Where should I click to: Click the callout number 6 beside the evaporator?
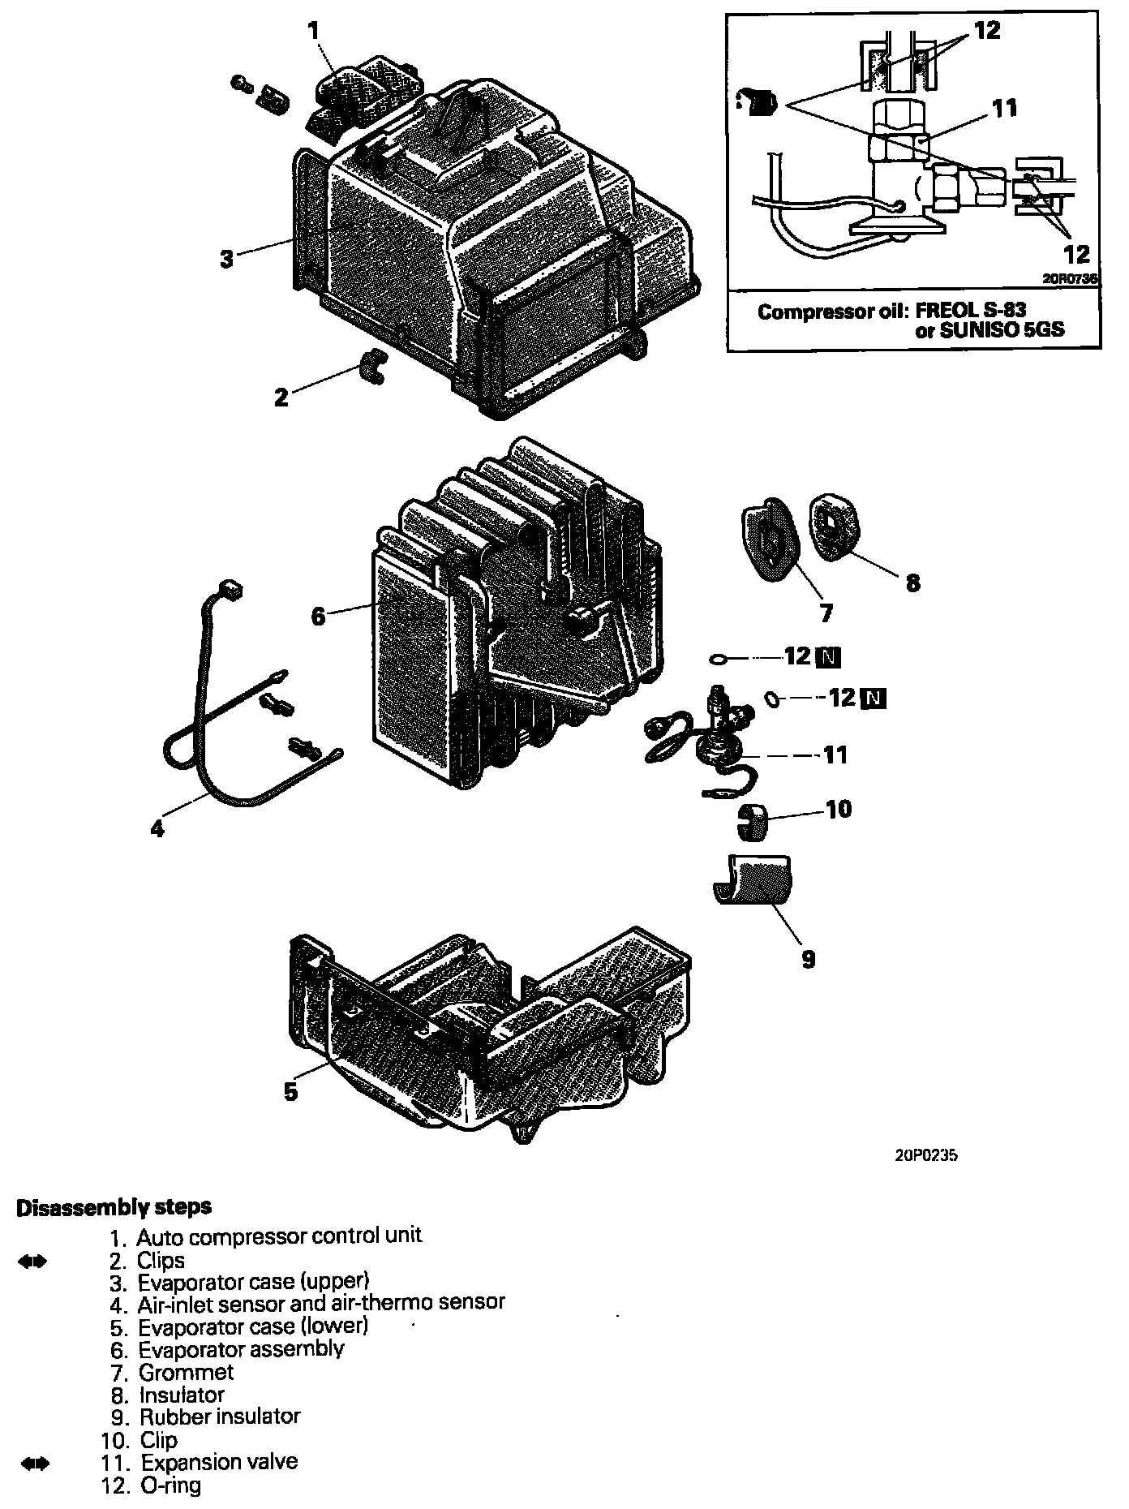(318, 617)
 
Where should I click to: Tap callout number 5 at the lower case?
(291, 1091)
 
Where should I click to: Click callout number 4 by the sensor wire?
(157, 828)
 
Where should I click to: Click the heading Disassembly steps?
(114, 1206)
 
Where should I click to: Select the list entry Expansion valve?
(219, 1463)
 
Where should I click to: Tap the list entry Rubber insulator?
(220, 1417)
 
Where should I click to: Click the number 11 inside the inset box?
(1004, 108)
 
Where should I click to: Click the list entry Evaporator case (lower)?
(253, 1327)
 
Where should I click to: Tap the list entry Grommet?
(186, 1372)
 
